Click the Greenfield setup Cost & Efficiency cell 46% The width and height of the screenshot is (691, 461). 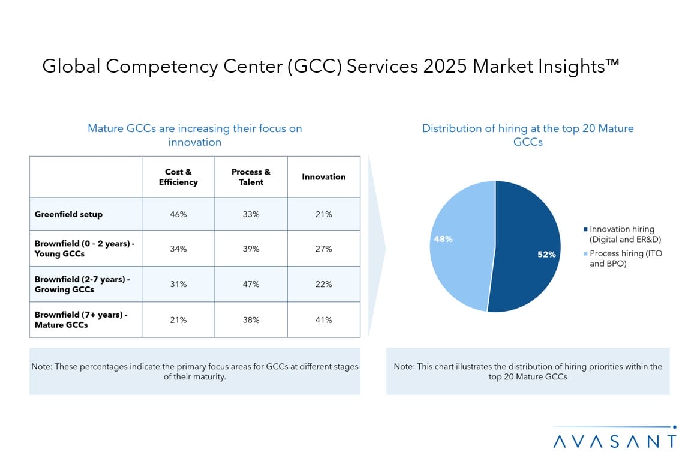pos(178,214)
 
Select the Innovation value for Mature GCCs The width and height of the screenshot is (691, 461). pos(323,320)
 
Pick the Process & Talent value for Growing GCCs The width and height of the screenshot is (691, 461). pos(251,285)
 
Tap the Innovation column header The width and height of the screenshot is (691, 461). pos(323,177)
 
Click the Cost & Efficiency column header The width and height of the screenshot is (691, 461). pos(178,177)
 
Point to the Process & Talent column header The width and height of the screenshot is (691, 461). pos(251,177)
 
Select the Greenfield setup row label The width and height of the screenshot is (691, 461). pos(68,214)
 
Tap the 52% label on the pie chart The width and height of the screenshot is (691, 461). pos(546,255)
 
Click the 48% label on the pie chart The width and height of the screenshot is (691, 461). pos(443,239)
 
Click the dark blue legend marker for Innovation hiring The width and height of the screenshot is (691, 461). pos(585,229)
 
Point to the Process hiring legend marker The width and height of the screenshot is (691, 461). pos(585,254)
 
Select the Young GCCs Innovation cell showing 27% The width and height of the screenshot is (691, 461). pos(323,249)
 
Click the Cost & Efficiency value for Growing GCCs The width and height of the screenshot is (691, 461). pos(178,285)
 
